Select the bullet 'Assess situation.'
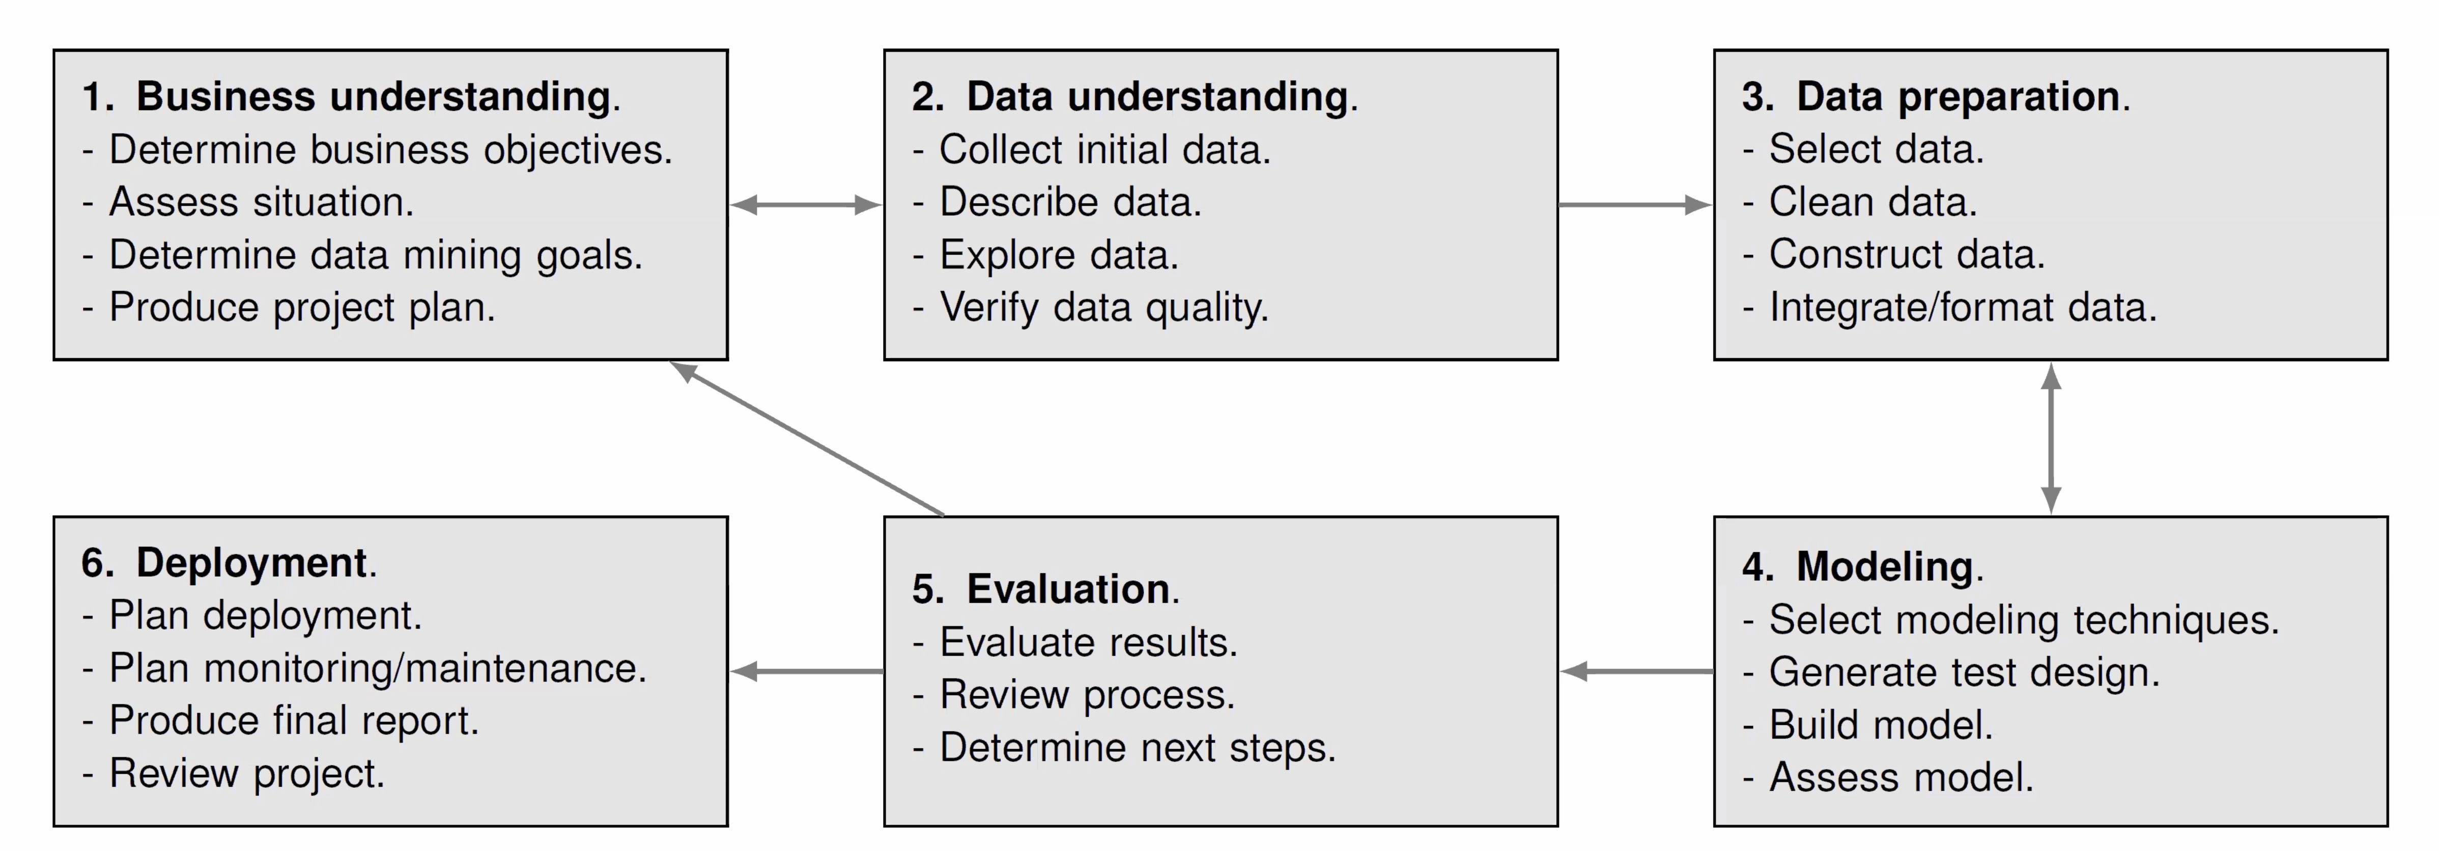click(248, 202)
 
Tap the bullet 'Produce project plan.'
click(289, 307)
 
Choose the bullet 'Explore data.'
click(1045, 254)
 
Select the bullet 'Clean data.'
click(1860, 202)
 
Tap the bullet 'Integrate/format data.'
click(1949, 307)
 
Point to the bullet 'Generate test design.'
click(1951, 672)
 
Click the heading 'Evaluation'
click(1068, 589)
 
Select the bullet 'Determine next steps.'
click(1124, 748)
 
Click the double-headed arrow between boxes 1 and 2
click(806, 205)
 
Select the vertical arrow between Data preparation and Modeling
click(2051, 438)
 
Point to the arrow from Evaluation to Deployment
click(807, 671)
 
